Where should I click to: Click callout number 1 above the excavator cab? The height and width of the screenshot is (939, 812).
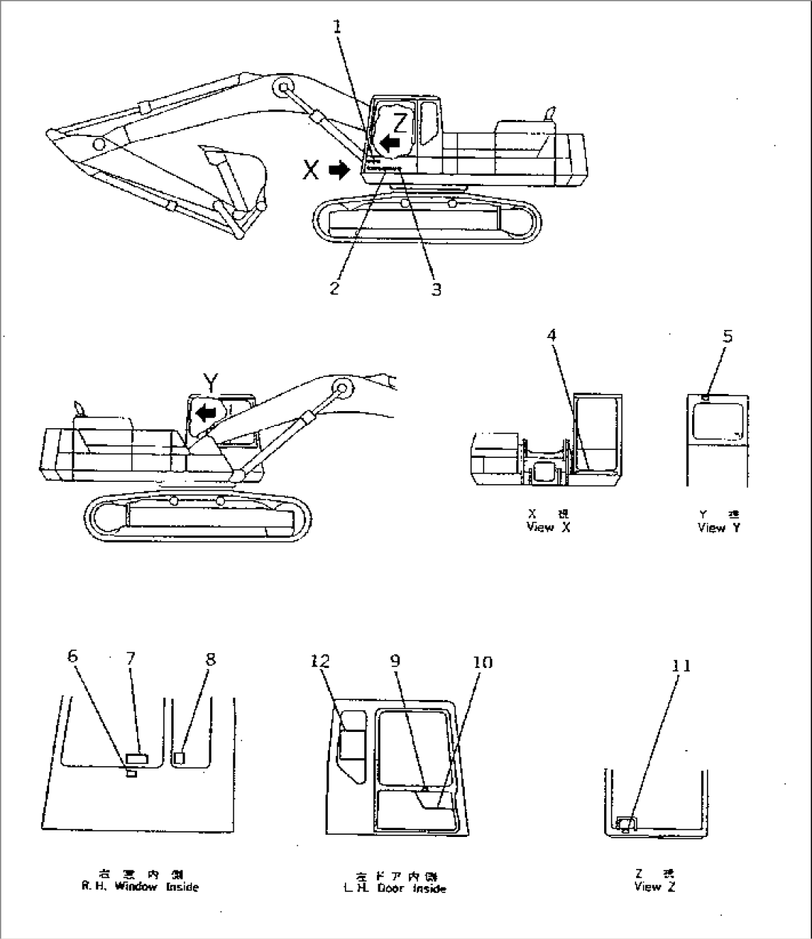pyautogui.click(x=337, y=28)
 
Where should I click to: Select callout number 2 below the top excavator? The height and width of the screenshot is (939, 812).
pyautogui.click(x=335, y=287)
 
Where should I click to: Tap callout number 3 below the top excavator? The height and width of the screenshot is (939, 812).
pyautogui.click(x=437, y=289)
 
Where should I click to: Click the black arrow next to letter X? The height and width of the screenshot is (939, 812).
pyautogui.click(x=339, y=171)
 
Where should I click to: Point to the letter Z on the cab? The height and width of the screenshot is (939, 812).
pyautogui.click(x=400, y=120)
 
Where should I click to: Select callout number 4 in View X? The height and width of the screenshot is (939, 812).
pyautogui.click(x=551, y=336)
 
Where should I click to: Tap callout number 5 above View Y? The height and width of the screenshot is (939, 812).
pyautogui.click(x=728, y=336)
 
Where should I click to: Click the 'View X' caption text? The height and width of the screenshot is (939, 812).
pyautogui.click(x=541, y=528)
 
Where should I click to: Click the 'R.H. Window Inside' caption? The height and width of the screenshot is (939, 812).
pyautogui.click(x=141, y=887)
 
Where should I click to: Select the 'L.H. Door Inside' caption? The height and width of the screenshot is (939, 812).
pyautogui.click(x=402, y=888)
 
